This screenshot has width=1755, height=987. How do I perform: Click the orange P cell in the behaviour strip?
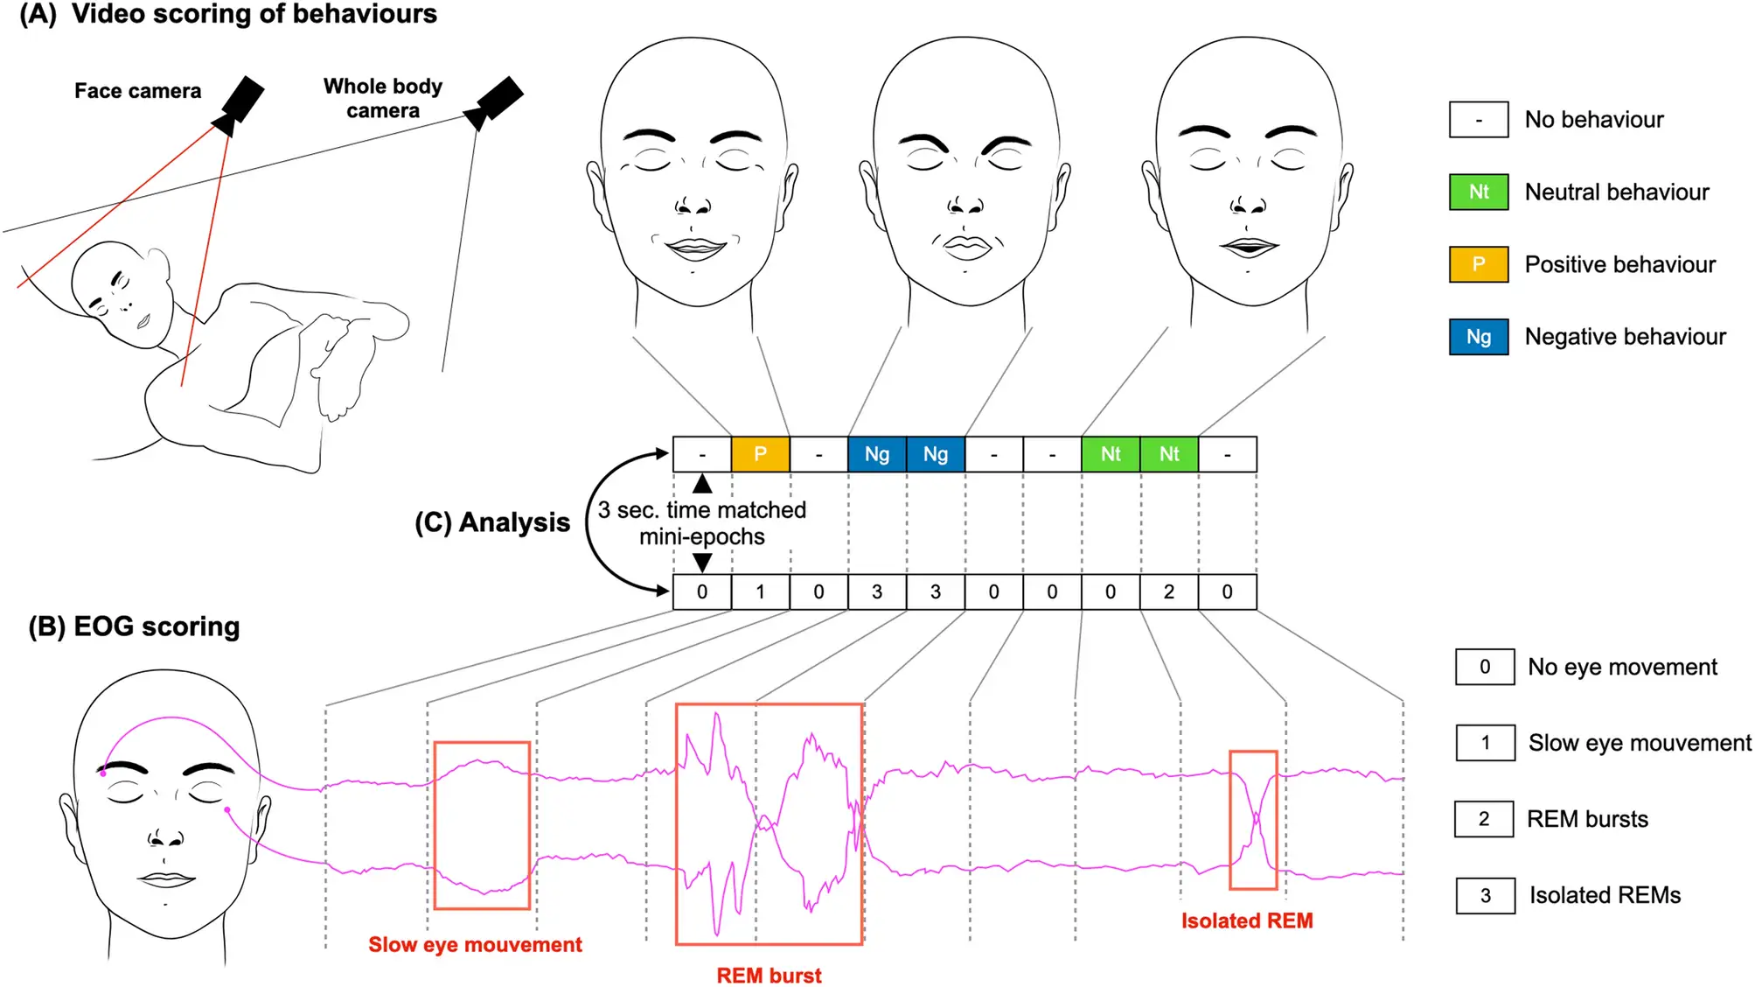point(760,454)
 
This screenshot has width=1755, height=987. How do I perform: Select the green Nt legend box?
point(1479,192)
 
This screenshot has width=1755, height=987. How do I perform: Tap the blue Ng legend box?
point(1479,337)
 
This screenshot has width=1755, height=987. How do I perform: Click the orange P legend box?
point(1479,264)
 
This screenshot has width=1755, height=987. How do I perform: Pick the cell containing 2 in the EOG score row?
point(1169,592)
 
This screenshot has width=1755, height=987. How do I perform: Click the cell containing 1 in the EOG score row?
point(760,592)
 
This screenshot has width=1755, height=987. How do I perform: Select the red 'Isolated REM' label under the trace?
point(1247,920)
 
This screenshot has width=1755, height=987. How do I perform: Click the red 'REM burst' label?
point(769,975)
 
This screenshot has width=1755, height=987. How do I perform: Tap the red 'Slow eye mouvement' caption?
point(475,945)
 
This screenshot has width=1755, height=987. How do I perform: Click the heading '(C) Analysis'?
point(492,522)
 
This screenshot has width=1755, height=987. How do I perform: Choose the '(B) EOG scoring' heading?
point(134,626)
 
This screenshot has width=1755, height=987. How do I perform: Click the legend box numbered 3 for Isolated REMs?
point(1486,895)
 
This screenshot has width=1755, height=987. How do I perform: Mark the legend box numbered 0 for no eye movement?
point(1485,667)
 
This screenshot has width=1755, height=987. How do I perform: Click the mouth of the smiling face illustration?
point(696,247)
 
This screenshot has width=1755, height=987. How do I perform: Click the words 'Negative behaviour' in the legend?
point(1626,337)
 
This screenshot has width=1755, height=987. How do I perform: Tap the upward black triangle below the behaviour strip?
point(702,484)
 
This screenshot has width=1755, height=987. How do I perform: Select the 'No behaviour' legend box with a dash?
point(1479,120)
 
